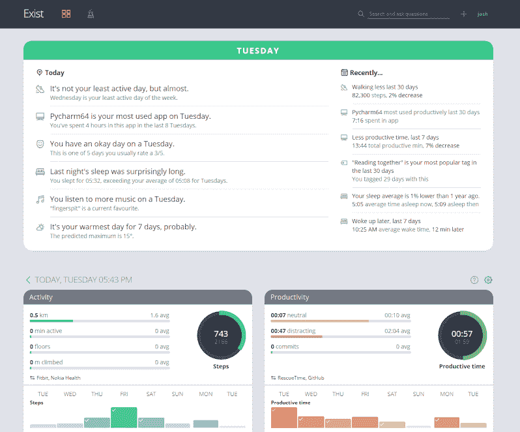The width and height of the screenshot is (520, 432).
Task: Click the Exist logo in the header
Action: coord(33,14)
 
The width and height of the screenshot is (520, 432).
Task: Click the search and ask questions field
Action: coord(409,14)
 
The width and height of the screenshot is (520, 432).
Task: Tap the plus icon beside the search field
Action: coord(463,14)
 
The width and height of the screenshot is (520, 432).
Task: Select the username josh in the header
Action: coord(482,14)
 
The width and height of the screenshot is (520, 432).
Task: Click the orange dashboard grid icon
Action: coord(66,14)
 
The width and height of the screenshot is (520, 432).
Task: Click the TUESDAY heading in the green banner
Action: coord(258,50)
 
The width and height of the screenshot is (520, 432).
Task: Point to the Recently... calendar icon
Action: coord(345,72)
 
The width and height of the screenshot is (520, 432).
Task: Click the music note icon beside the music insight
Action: coord(40,199)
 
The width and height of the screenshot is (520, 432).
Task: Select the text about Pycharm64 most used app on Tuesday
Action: coord(130,116)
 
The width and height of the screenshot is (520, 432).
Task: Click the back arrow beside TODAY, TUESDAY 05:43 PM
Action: coord(28,280)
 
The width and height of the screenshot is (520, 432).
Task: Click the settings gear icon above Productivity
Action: coord(488,280)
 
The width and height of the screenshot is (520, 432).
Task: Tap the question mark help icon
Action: coord(474,280)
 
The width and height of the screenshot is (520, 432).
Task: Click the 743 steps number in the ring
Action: coord(221,333)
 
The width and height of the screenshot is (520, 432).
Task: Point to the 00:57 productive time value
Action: coord(462,333)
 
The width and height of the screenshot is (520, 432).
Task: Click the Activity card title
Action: coord(41,297)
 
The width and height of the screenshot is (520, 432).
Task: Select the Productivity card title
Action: coord(289,297)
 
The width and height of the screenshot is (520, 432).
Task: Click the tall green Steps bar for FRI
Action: coord(124,417)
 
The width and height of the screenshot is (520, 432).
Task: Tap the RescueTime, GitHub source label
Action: coord(300,377)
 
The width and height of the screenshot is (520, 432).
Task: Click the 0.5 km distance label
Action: coord(38,315)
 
